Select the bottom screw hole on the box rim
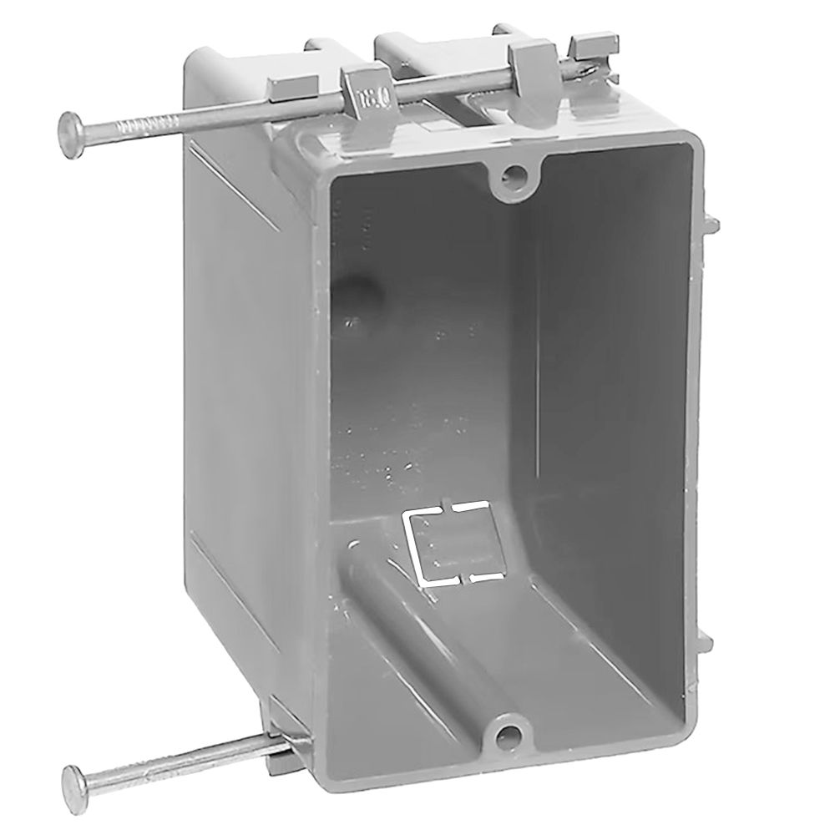coord(505,735)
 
